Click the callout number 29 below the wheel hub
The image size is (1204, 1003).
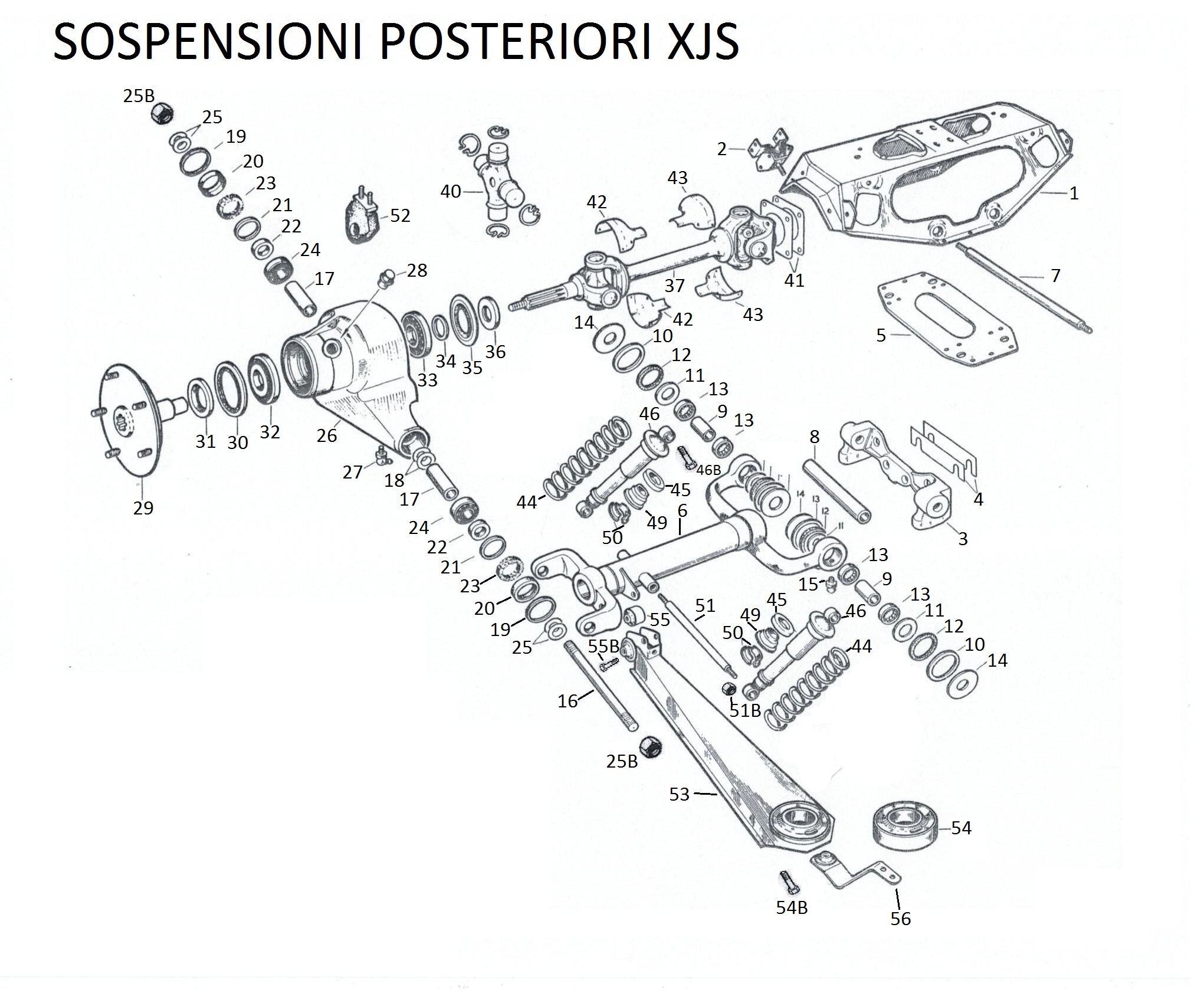(143, 508)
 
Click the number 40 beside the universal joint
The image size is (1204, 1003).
(451, 192)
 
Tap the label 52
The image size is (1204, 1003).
(400, 216)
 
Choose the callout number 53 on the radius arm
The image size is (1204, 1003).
(679, 794)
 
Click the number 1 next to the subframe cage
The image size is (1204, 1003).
(1074, 194)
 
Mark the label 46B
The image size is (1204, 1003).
(708, 470)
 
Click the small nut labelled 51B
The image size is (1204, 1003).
(729, 688)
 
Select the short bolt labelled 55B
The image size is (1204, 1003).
(608, 665)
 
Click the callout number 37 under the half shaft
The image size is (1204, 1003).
(674, 286)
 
